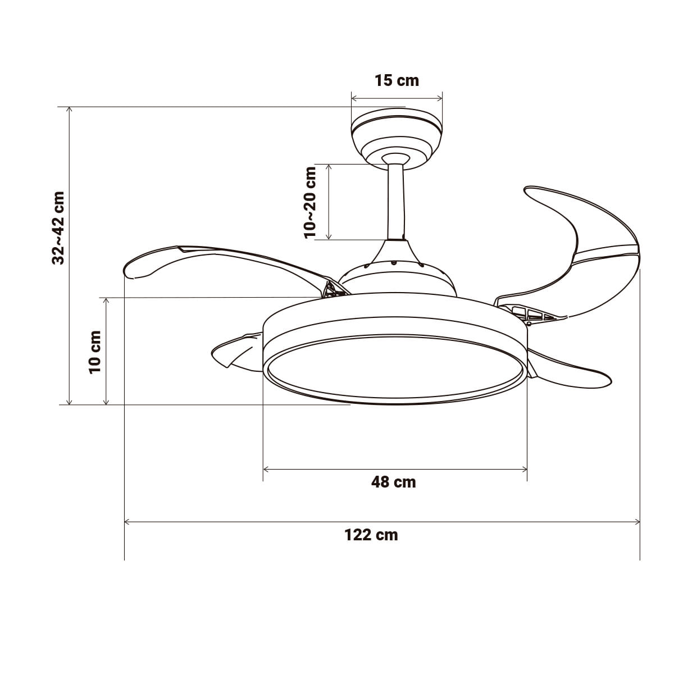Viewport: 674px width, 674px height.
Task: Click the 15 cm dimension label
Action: (x=397, y=80)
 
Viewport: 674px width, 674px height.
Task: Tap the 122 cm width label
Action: (x=371, y=535)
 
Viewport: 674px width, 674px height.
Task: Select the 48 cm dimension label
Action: (x=394, y=482)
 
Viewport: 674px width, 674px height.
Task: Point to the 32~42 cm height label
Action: (x=58, y=228)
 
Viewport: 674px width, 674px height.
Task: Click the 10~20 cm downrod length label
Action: (x=310, y=203)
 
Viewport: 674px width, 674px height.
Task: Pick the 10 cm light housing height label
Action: (x=95, y=352)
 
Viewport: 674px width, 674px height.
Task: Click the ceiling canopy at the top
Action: (x=397, y=139)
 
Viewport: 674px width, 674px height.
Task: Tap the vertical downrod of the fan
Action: (x=396, y=202)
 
